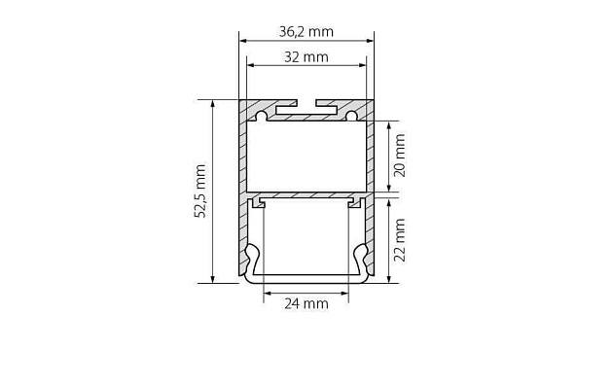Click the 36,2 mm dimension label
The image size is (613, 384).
tap(306, 31)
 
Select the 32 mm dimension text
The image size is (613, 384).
tap(306, 56)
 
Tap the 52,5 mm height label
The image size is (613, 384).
tap(200, 192)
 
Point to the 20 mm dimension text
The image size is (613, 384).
tap(399, 155)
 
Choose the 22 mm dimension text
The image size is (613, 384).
tap(399, 240)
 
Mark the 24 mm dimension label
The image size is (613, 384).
tap(306, 303)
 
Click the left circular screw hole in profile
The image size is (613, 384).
tap(261, 117)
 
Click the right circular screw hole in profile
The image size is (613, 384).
tap(351, 117)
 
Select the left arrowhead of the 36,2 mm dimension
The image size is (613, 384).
tap(244, 41)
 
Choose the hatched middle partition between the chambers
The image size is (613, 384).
tap(306, 194)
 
